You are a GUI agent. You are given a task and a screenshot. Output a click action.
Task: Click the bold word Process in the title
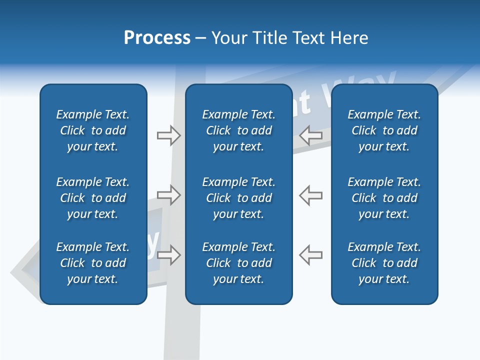coord(157,38)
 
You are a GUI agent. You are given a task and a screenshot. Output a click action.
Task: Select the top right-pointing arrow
coord(168,135)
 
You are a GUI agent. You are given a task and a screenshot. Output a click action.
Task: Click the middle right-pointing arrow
coord(168,194)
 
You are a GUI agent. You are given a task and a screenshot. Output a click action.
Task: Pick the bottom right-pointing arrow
coord(168,254)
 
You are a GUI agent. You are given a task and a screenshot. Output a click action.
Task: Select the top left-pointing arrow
coord(310,134)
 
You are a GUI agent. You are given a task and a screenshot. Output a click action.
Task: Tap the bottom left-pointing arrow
coord(310,254)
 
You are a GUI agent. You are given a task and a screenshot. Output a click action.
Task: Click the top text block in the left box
coord(93,130)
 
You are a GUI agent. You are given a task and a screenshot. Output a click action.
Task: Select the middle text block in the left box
coord(93,198)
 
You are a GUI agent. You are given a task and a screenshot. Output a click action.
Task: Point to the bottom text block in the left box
coord(93,263)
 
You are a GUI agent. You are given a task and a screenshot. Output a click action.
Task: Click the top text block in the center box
coord(238,130)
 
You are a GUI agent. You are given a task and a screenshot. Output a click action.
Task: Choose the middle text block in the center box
coord(238,198)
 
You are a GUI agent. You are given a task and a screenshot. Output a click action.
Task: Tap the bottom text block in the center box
coord(238,263)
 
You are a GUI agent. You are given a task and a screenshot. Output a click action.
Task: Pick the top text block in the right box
coord(384,130)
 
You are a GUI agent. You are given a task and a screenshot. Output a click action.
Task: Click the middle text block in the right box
coord(384,198)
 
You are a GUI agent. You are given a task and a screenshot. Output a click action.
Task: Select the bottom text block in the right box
coord(384,263)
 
